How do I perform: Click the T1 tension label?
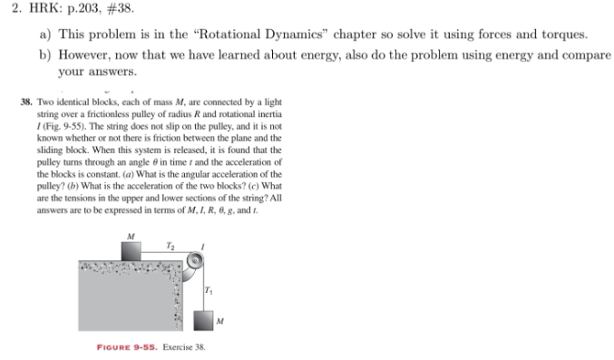coord(209,288)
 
